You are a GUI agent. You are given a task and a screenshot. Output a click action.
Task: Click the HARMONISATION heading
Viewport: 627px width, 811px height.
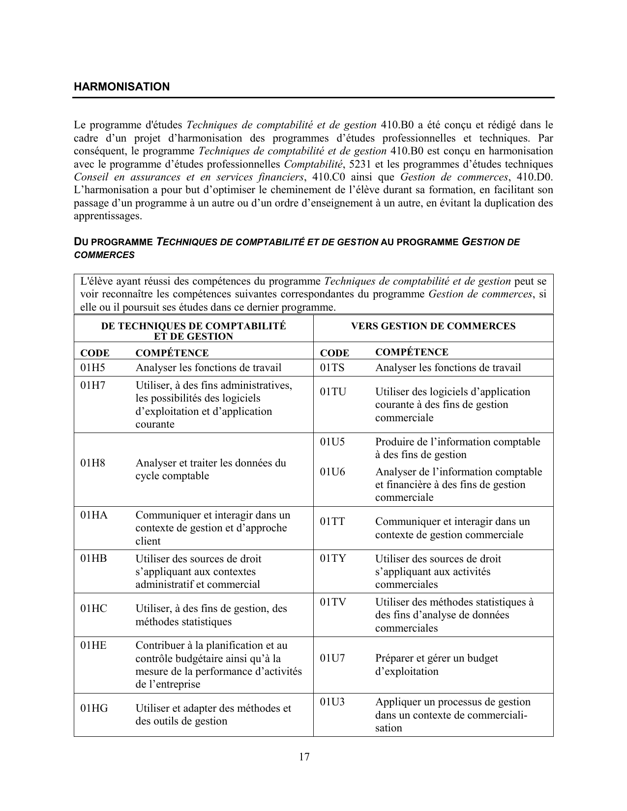tap(121, 87)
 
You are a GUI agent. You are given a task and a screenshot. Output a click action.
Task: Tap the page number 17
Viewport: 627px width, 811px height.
tap(304, 756)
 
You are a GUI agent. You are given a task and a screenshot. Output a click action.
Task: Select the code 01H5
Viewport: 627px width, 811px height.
tap(93, 368)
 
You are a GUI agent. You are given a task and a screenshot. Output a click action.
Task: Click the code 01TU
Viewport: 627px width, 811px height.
tap(333, 392)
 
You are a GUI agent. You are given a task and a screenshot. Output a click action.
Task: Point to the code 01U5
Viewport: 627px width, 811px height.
tap(332, 441)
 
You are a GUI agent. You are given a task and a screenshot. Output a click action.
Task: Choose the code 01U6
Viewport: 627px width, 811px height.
tap(332, 472)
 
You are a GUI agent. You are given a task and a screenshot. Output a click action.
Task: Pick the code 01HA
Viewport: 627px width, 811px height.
tap(94, 515)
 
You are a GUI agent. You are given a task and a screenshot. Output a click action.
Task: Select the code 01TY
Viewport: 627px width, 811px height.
tap(333, 558)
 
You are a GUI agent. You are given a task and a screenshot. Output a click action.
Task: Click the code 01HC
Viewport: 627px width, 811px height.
tap(93, 608)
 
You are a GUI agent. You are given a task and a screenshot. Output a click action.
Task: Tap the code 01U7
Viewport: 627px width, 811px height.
tap(332, 658)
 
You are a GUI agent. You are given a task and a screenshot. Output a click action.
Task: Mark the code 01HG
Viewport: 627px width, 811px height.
tap(94, 708)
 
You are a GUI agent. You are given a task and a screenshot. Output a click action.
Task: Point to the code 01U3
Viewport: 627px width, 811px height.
tap(332, 702)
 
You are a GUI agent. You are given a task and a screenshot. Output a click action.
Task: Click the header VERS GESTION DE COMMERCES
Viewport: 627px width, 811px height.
tap(433, 326)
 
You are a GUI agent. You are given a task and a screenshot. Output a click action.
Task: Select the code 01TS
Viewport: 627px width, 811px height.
tap(332, 368)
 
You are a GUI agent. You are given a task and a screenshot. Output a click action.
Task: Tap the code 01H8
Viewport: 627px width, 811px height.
tap(93, 463)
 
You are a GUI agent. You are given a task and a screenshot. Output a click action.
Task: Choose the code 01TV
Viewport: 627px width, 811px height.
tap(333, 602)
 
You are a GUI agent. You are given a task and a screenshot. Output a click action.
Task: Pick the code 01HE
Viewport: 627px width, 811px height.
tap(93, 645)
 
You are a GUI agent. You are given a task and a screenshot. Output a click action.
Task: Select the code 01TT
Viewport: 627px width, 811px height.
tap(332, 521)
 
